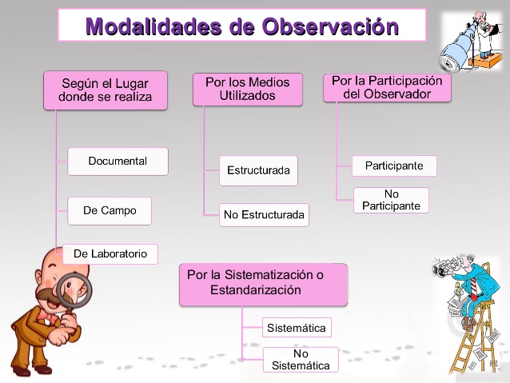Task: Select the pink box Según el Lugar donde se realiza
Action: point(105,90)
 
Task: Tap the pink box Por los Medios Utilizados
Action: point(247,89)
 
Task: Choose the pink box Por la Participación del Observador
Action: point(387,87)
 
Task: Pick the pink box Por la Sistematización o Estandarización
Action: point(263,284)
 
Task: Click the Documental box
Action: point(118,161)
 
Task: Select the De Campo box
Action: point(110,211)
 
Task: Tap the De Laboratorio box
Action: point(110,253)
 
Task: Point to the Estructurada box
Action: point(258,170)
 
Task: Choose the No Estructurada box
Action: point(264,214)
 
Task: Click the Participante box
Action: point(394,166)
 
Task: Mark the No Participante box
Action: point(391,200)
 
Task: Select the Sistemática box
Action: point(297,328)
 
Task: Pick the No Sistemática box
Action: point(301,360)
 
